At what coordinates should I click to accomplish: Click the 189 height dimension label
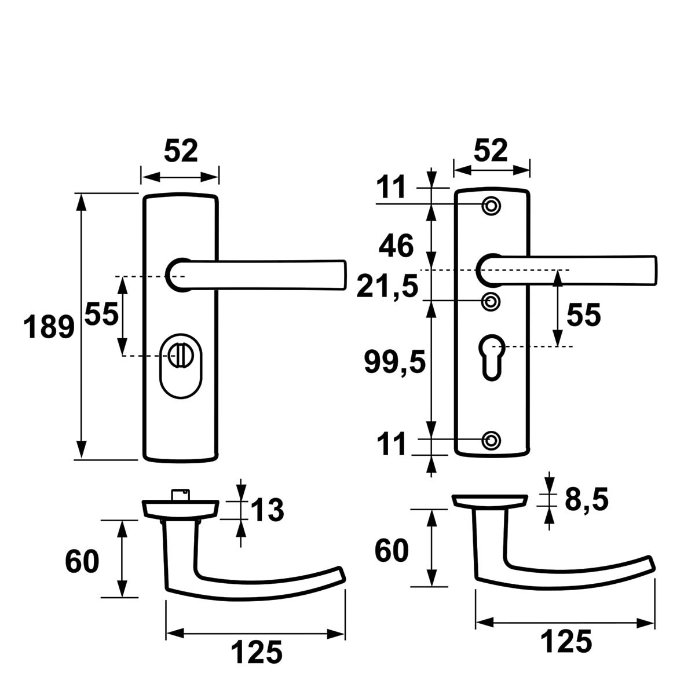(x=49, y=327)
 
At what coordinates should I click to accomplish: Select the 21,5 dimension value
(x=387, y=286)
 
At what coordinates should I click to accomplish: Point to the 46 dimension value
(x=396, y=246)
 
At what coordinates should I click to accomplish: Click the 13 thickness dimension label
(x=267, y=510)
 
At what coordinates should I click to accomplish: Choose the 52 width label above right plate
(x=490, y=151)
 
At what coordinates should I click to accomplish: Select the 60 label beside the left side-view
(x=82, y=561)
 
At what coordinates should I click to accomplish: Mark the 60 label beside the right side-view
(x=392, y=550)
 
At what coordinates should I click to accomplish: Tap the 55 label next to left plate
(x=101, y=314)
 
